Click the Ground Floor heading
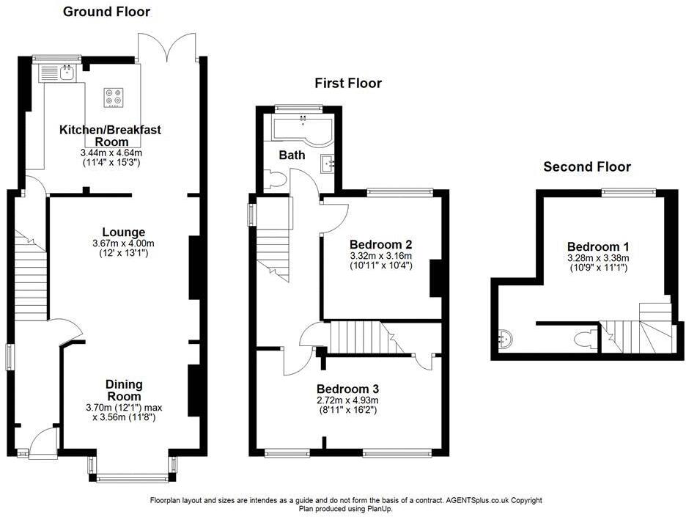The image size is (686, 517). tap(106, 12)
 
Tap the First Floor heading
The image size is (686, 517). tap(348, 84)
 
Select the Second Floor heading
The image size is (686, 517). tap(586, 167)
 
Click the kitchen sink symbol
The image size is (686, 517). tap(59, 73)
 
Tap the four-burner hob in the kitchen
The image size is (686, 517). tap(114, 98)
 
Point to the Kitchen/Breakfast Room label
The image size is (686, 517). tap(110, 136)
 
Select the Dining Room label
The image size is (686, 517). tap(124, 390)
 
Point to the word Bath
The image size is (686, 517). tap(292, 155)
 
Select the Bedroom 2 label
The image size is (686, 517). tap(380, 244)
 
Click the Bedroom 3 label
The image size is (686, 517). tap(347, 389)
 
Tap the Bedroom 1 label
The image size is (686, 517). tap(597, 247)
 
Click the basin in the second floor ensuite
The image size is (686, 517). tap(504, 339)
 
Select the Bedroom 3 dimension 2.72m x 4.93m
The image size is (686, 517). tap(347, 400)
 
